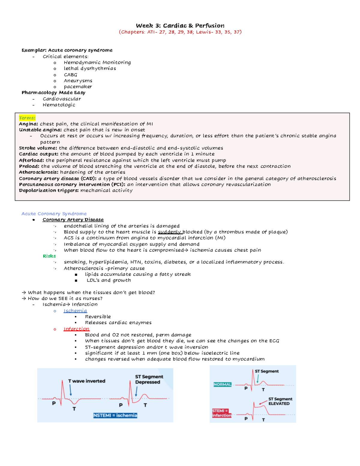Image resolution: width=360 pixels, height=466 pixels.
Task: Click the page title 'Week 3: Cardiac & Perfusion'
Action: click(180, 26)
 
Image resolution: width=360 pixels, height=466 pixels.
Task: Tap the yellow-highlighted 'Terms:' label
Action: click(27, 118)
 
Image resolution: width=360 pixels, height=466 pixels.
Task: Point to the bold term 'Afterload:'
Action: click(31, 160)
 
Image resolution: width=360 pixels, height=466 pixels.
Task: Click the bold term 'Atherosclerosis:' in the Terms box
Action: click(39, 172)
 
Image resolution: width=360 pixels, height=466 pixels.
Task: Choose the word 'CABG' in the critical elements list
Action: click(70, 75)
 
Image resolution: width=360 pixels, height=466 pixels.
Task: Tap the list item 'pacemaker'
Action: click(78, 87)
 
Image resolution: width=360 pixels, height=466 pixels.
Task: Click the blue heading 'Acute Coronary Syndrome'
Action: click(54, 214)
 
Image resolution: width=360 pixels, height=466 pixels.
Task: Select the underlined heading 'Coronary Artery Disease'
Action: click(73, 220)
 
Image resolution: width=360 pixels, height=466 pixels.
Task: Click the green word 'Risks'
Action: click(49, 256)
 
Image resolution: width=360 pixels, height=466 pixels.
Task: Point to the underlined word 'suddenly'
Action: click(169, 232)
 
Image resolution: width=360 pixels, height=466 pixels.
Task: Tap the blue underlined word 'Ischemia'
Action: click(75, 311)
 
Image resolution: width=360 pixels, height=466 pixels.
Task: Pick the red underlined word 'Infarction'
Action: click(76, 329)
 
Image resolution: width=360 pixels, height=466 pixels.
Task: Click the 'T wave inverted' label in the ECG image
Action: click(87, 381)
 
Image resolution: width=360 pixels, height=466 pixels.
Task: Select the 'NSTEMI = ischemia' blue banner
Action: click(115, 415)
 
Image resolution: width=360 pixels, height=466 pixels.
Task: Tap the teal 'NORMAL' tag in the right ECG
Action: click(222, 384)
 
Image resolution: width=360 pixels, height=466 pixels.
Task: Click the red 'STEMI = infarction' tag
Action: click(221, 413)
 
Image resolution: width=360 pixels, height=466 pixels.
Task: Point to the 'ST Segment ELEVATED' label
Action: click(280, 401)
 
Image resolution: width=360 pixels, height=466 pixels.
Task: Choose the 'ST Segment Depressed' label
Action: click(149, 379)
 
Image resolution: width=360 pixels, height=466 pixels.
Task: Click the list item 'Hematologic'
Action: click(59, 105)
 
